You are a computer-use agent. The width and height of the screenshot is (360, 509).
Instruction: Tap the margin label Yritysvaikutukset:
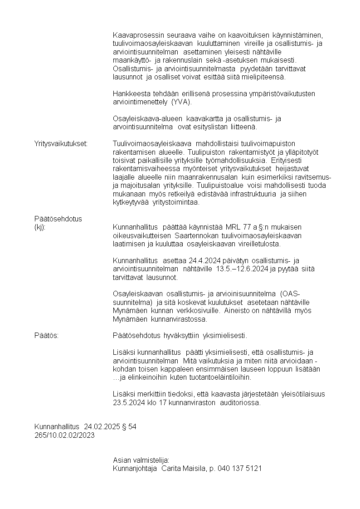pyautogui.click(x=61, y=144)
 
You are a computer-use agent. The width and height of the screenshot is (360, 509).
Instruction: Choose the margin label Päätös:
pyautogui.click(x=47, y=336)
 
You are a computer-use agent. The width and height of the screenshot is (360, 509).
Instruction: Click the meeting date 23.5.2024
pyautogui.click(x=128, y=402)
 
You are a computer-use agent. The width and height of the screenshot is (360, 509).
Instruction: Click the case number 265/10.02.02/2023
pyautogui.click(x=65, y=435)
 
